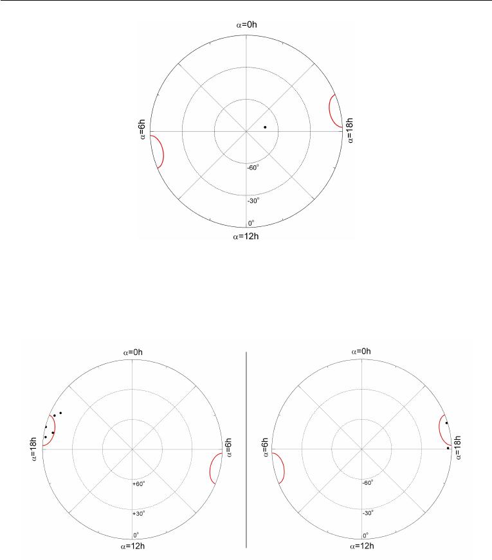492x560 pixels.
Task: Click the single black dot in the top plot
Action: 265,127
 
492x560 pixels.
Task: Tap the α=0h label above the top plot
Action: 246,24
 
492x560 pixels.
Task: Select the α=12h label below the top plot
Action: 246,237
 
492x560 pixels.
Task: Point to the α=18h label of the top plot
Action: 350,131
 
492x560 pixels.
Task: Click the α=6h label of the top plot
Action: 142,129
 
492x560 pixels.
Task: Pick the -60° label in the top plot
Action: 253,168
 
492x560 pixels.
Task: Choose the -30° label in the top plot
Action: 253,201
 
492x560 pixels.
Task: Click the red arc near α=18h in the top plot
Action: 329,111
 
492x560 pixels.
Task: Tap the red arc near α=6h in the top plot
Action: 163,152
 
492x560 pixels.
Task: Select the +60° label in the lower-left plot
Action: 139,484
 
